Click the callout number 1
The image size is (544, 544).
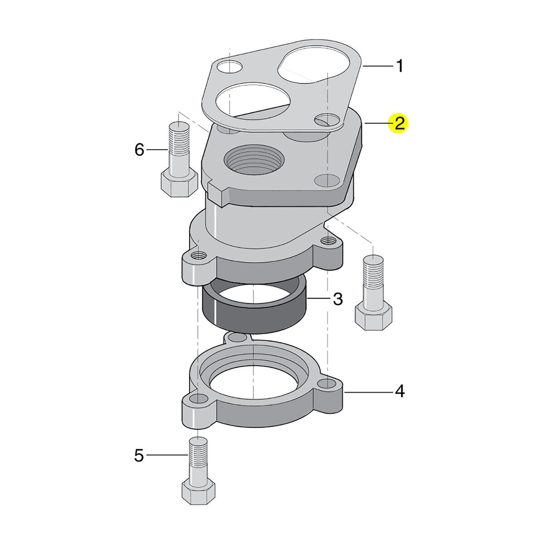pyautogui.click(x=400, y=66)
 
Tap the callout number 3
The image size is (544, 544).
pyautogui.click(x=338, y=298)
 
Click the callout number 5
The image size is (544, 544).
pyautogui.click(x=139, y=455)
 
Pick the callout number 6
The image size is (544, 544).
pyautogui.click(x=139, y=150)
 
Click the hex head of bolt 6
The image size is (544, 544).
pyautogui.click(x=179, y=185)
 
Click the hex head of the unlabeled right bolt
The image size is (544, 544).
pyautogui.click(x=373, y=317)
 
